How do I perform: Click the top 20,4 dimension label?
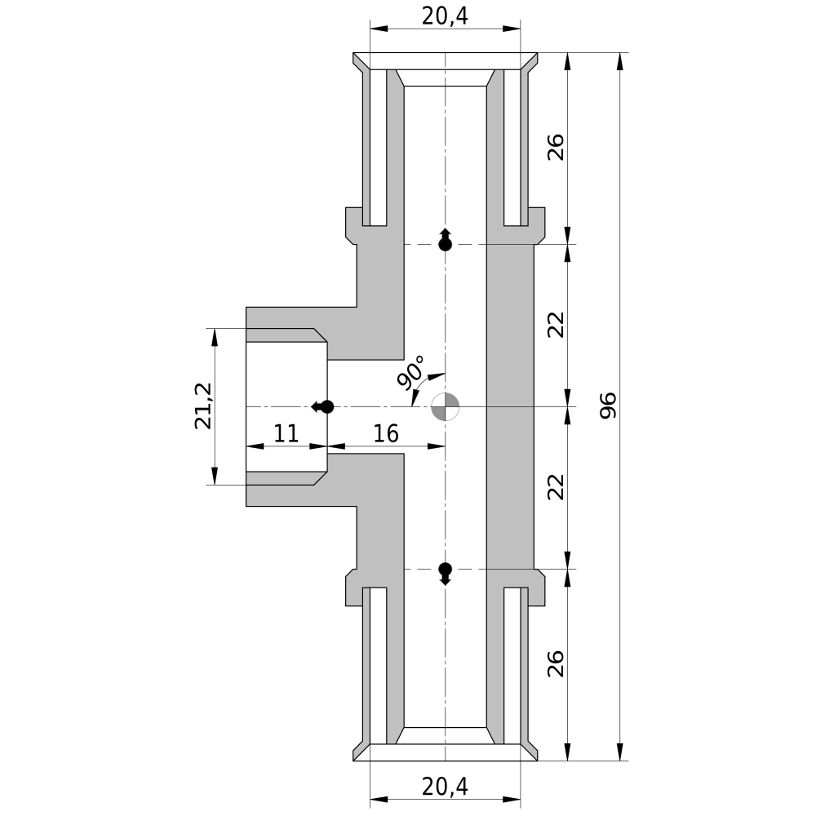pyautogui.click(x=445, y=16)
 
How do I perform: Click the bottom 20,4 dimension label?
pyautogui.click(x=445, y=787)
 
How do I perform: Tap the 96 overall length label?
pyautogui.click(x=608, y=406)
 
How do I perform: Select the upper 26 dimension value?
pyautogui.click(x=556, y=147)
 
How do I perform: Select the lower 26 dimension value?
pyautogui.click(x=556, y=663)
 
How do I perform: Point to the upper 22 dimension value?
pyautogui.click(x=556, y=325)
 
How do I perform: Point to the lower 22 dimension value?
pyautogui.click(x=556, y=487)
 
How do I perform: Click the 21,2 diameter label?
pyautogui.click(x=203, y=406)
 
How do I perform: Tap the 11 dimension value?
pyautogui.click(x=286, y=433)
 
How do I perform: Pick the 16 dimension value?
pyautogui.click(x=386, y=433)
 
